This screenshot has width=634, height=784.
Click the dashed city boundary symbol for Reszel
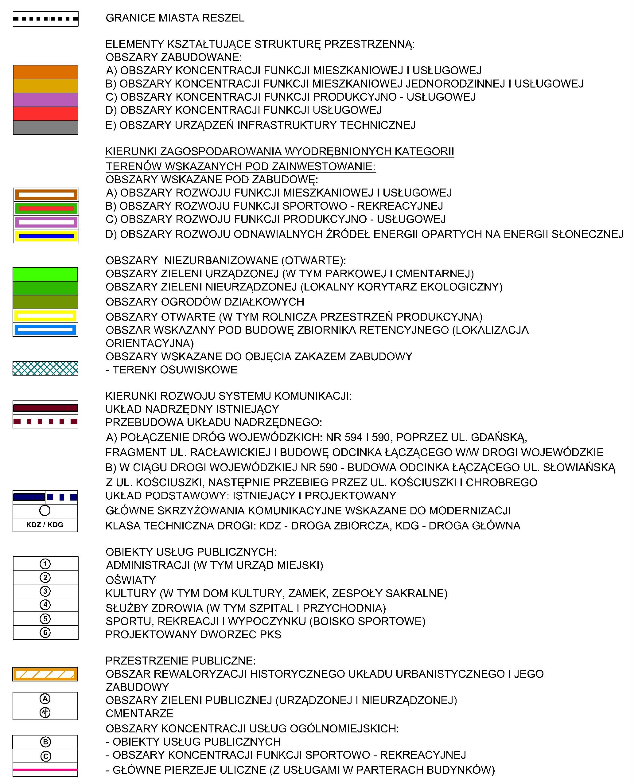click(45, 19)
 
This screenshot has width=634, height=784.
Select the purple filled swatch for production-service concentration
click(45, 100)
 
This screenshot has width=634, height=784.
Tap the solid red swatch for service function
click(45, 114)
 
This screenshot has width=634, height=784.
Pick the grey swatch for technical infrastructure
click(45, 127)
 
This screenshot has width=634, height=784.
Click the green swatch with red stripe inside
click(46, 209)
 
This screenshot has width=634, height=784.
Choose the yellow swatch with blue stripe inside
click(46, 236)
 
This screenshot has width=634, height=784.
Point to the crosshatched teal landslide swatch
click(45, 368)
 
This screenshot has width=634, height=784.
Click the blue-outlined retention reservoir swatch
click(45, 330)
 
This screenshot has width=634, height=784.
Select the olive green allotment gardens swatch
click(45, 302)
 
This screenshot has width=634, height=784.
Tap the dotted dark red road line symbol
click(45, 422)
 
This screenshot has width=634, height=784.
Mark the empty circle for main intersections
click(45, 510)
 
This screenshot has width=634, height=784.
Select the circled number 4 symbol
click(45, 605)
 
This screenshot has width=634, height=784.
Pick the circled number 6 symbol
click(45, 632)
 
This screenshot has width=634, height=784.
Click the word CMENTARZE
click(139, 713)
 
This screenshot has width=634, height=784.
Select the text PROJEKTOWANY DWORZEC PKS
click(193, 634)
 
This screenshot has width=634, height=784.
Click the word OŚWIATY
click(131, 580)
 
